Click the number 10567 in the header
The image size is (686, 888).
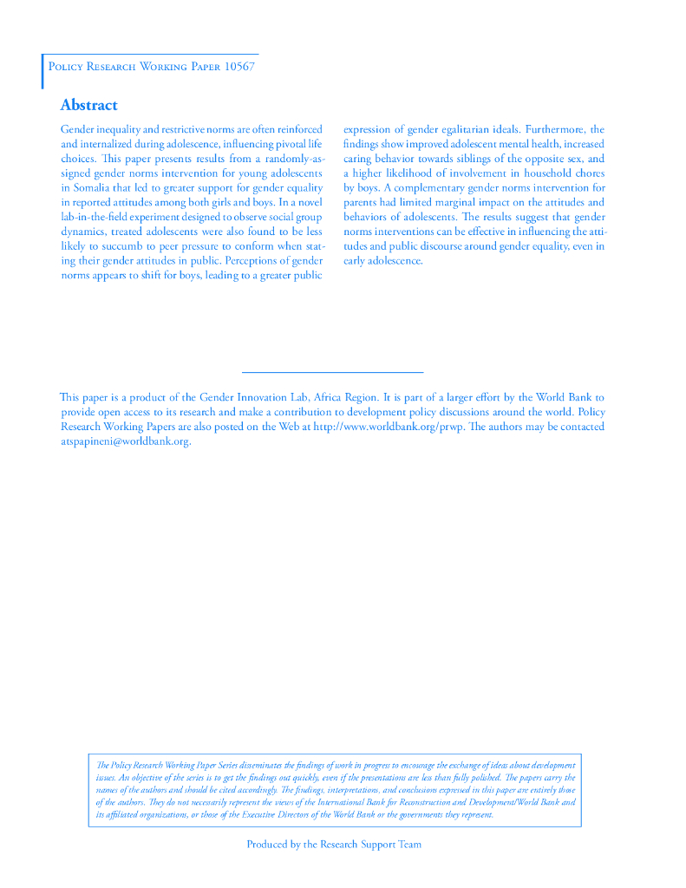click(x=239, y=67)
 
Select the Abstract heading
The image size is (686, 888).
click(x=88, y=105)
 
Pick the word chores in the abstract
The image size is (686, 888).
click(x=587, y=173)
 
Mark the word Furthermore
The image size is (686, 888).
click(x=556, y=129)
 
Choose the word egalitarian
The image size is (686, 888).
click(x=459, y=129)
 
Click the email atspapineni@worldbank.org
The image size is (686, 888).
click(x=126, y=441)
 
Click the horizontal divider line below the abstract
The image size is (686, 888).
click(x=326, y=372)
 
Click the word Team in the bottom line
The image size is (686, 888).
click(x=409, y=844)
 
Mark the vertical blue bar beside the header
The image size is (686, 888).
click(x=42, y=71)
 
